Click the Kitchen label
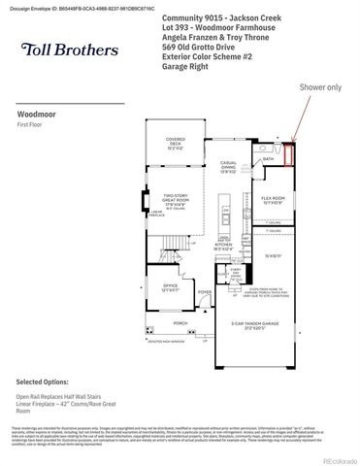coord(223,248)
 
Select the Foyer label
coord(204,291)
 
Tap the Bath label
coord(269,157)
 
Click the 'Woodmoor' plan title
coord(35,113)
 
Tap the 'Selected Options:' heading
coord(46,383)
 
